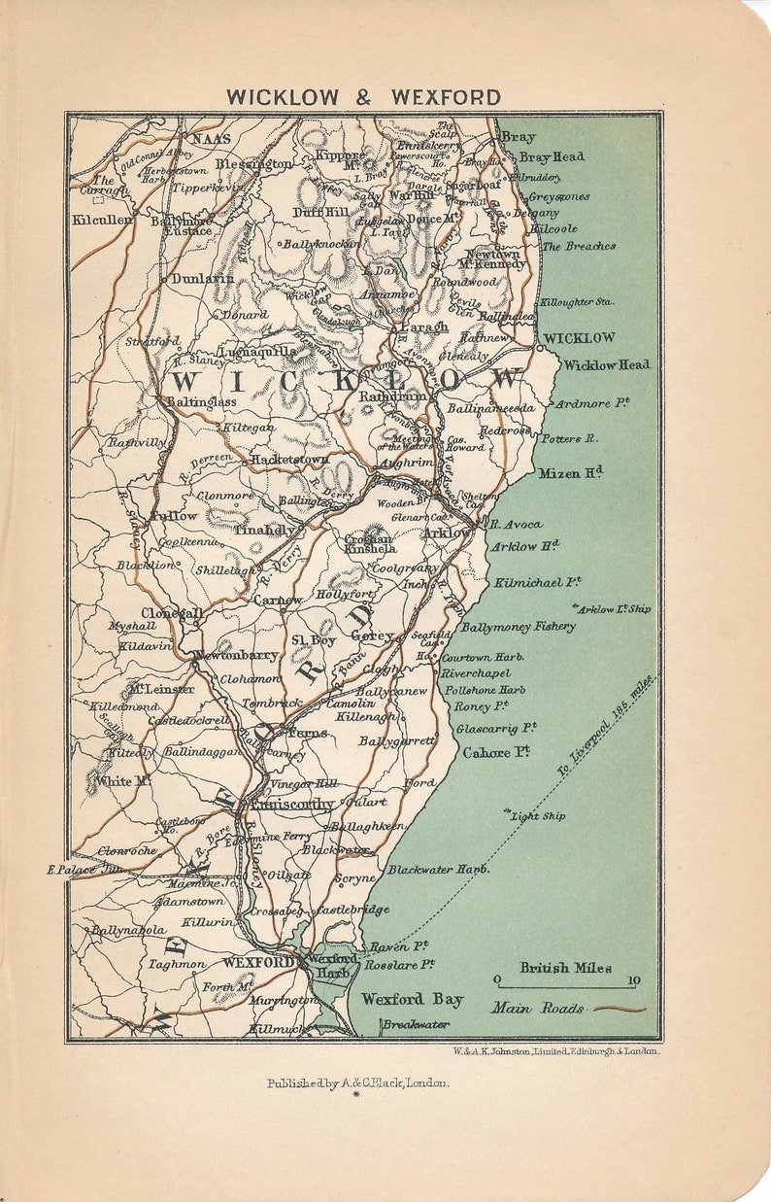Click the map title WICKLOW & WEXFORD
[x=364, y=97]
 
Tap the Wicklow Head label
[x=607, y=365]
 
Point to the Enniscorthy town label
[x=292, y=805]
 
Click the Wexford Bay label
[x=413, y=999]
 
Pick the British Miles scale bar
[x=565, y=980]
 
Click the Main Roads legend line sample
[x=620, y=1009]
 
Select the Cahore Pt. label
[x=496, y=752]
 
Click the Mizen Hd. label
[x=571, y=473]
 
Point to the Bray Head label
[x=552, y=156]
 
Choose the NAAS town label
[x=211, y=139]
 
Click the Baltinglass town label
[x=201, y=400]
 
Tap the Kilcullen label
[x=102, y=221]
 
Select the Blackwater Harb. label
[x=438, y=870]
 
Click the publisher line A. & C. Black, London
[x=358, y=1083]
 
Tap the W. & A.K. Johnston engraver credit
[x=555, y=1050]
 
